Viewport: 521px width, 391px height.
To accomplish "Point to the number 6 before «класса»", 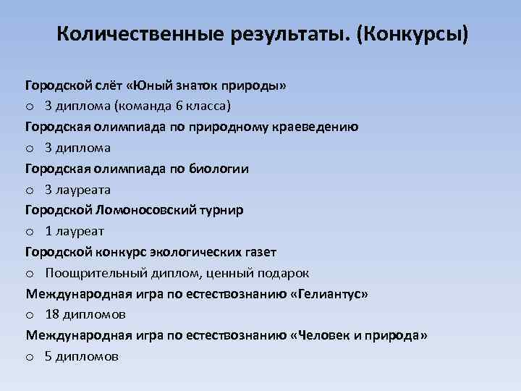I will (x=179, y=106).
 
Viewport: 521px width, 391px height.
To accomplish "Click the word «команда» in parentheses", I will (x=144, y=106).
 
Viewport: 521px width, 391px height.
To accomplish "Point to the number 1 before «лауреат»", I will (x=48, y=232).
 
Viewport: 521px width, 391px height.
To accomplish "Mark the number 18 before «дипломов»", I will (x=51, y=315).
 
